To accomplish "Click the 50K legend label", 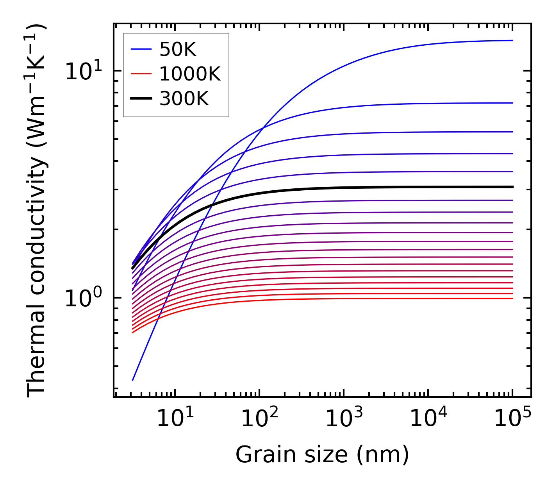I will coord(178,49).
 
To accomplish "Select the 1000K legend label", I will coord(190,74).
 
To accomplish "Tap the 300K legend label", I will coord(184,99).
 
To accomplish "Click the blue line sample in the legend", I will coord(141,49).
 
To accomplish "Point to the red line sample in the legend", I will coord(141,74).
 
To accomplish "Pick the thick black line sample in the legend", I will coord(141,99).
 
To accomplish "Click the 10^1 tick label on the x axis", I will coord(175,418).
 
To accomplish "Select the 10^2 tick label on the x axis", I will coord(259,418).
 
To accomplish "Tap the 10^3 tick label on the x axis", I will coord(344,418).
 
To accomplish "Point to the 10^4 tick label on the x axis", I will coord(428,418).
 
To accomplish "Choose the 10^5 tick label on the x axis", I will coord(512,418).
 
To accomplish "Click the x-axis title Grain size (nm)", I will coord(322,455).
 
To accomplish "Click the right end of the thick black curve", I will coord(512,187).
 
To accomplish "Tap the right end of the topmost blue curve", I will coord(512,40).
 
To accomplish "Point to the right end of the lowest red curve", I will coord(512,299).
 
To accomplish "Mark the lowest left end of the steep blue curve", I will coord(133,380).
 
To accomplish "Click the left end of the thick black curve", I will coord(132,268).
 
